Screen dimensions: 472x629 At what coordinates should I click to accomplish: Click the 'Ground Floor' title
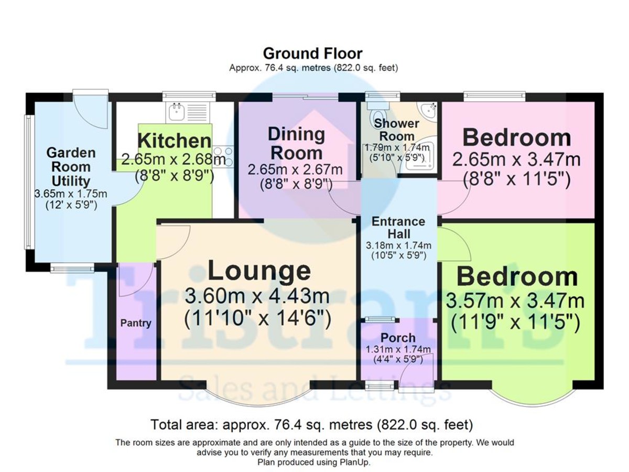tap(312, 53)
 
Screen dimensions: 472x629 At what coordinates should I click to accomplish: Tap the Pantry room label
tap(136, 323)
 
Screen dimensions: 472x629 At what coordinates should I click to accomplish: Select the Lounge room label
tap(259, 271)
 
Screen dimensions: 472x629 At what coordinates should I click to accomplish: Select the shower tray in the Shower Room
tap(419, 156)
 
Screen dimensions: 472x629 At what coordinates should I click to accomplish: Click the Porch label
tap(398, 337)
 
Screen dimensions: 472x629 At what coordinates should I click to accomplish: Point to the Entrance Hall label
tap(398, 228)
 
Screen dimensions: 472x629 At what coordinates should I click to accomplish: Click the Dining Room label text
tap(296, 144)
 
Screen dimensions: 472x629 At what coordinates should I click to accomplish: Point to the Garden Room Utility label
tap(71, 167)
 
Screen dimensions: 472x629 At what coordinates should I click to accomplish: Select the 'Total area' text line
tap(312, 424)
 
